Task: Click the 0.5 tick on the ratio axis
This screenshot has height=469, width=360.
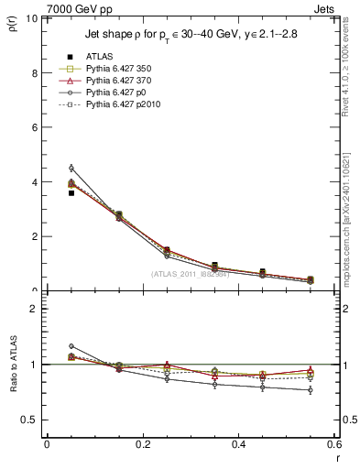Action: (x=28, y=420)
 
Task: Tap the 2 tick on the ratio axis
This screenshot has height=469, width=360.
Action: (x=33, y=309)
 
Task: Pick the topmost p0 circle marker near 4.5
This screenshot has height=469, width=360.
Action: (x=71, y=168)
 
